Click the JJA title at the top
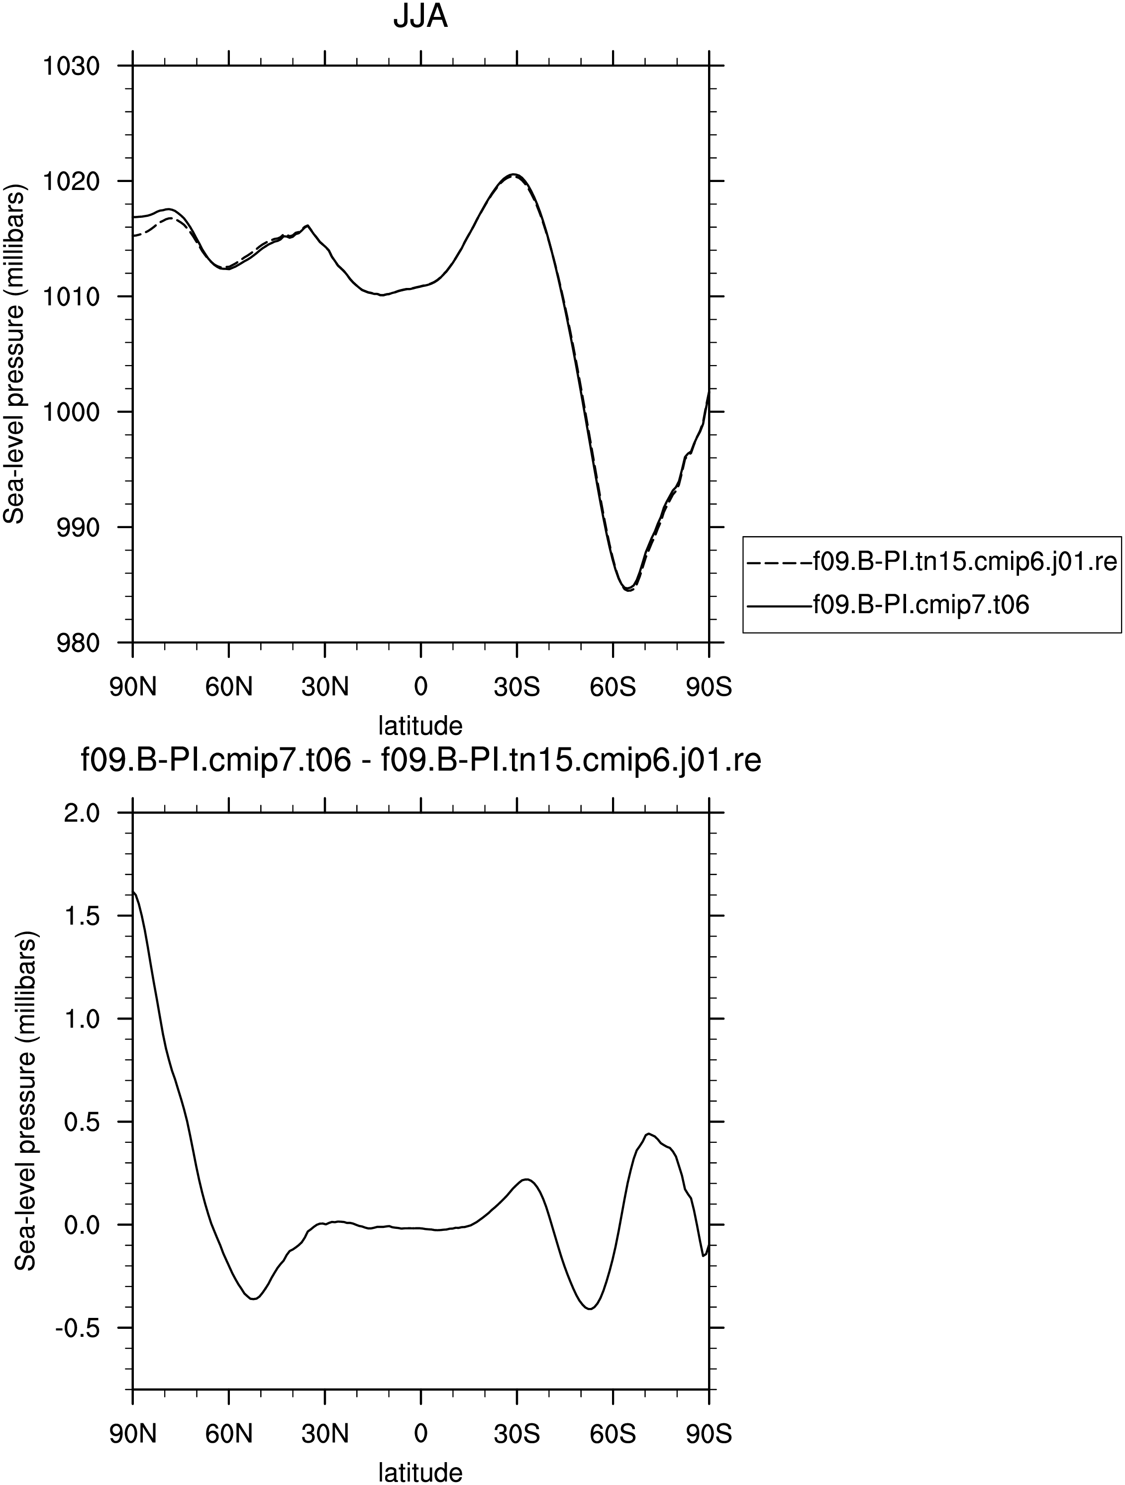(420, 18)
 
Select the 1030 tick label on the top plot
(71, 67)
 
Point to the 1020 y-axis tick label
(71, 181)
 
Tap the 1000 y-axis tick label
(71, 411)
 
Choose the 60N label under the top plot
(229, 687)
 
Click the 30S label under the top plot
(516, 687)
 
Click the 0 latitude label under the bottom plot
(420, 1435)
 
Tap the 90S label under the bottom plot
(709, 1435)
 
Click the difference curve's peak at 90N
(134, 892)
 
